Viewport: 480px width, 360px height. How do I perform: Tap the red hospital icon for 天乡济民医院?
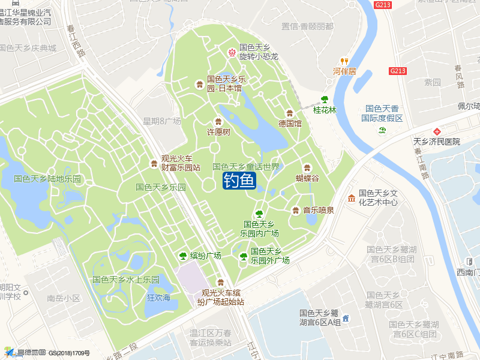[437, 131]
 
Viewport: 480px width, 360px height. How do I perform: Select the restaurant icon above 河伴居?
[344, 61]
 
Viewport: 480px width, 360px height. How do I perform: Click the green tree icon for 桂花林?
[325, 100]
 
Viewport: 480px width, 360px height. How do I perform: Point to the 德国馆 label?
[290, 123]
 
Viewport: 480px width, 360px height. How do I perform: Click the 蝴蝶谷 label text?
[307, 178]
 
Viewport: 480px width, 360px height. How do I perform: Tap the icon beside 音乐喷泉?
[295, 210]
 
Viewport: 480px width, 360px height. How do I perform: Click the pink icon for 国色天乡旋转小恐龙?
[232, 52]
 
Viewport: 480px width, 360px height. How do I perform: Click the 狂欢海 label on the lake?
[159, 298]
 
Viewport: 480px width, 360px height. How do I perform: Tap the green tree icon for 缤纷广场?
[183, 256]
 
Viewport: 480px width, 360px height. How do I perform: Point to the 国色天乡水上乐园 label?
[126, 280]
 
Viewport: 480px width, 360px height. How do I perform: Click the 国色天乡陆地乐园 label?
[47, 179]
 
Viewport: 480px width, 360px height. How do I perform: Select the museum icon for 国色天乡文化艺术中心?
[351, 198]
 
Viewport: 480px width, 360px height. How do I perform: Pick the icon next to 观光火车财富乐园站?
[154, 163]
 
